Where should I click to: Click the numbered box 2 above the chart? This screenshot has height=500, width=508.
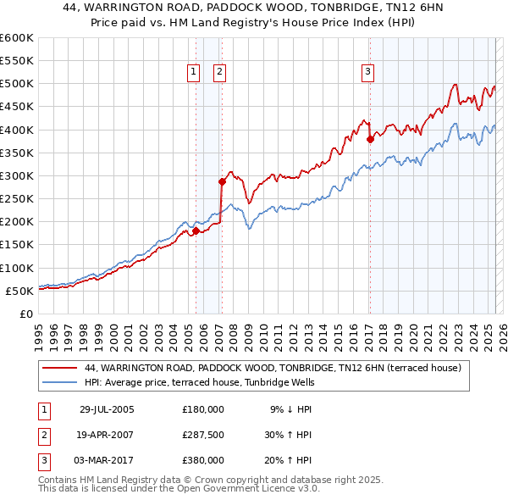pos(219,73)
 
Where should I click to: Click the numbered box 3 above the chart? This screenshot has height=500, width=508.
pos(368,73)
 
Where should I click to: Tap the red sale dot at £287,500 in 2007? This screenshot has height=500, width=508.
pos(222,181)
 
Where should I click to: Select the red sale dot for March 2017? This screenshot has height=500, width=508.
pos(370,139)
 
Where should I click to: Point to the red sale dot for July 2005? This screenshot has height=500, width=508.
pos(196,231)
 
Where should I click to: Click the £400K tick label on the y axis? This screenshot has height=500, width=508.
pos(16,130)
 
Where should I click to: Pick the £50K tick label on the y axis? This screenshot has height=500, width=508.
pos(19,291)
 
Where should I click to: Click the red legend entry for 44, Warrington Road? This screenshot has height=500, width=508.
pos(272,369)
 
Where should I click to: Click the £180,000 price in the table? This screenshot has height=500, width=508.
pos(203,409)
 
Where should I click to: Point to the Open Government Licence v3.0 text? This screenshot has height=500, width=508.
pos(246,489)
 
